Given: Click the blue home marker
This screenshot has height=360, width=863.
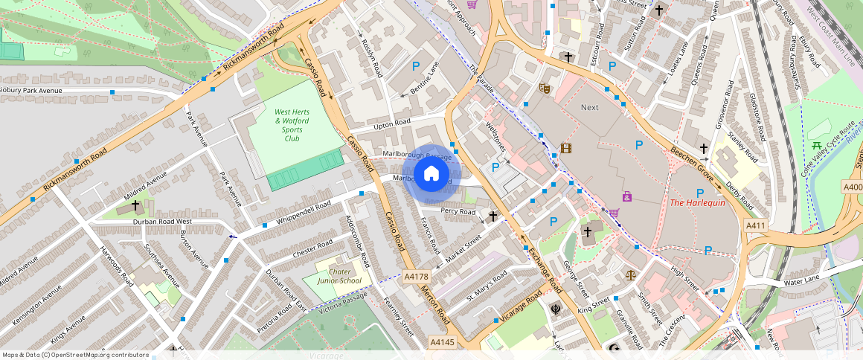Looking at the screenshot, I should pyautogui.click(x=431, y=174).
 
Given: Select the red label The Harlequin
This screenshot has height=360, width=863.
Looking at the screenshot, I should pyautogui.click(x=697, y=203).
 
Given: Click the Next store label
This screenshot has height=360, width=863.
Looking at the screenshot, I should pyautogui.click(x=589, y=108).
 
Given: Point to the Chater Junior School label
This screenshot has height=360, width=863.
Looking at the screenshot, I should pyautogui.click(x=339, y=276).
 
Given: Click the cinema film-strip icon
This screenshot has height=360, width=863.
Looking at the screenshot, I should pyautogui.click(x=566, y=148).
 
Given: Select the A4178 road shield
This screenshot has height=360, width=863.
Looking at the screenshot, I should pyautogui.click(x=417, y=277).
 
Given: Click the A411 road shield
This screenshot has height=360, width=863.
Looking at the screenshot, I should pyautogui.click(x=756, y=226).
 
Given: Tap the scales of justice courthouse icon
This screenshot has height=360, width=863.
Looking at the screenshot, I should pyautogui.click(x=632, y=274).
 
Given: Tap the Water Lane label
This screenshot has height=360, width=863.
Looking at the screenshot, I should pyautogui.click(x=801, y=280).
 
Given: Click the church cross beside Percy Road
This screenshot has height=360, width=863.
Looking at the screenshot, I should pyautogui.click(x=493, y=216).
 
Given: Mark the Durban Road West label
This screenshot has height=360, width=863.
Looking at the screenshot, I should pyautogui.click(x=163, y=222).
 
